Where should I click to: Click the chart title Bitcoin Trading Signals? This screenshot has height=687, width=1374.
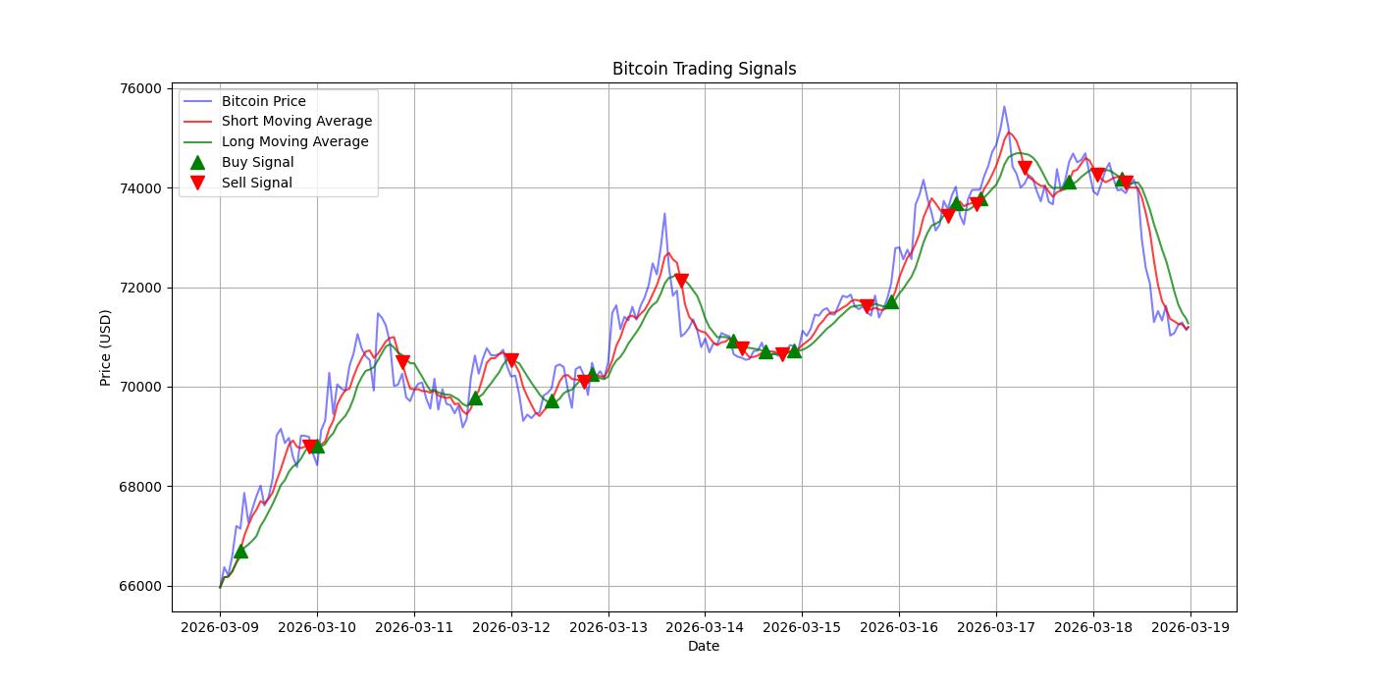click(x=704, y=69)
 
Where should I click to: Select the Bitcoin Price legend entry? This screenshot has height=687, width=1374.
click(x=263, y=101)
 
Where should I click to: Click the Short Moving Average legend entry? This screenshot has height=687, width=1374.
click(x=296, y=121)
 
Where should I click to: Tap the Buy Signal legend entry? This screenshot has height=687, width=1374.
click(x=257, y=162)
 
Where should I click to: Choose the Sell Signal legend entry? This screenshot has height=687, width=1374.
click(x=256, y=183)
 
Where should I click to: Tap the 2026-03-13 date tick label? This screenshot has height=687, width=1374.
click(x=608, y=626)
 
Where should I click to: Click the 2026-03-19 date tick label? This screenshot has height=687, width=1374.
click(x=1190, y=626)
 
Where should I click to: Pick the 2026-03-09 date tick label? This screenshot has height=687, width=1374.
click(x=220, y=626)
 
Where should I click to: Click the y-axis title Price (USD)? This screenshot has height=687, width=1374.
click(x=106, y=347)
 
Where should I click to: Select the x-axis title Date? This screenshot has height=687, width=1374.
click(x=704, y=646)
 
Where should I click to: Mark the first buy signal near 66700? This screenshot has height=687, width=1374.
click(x=240, y=552)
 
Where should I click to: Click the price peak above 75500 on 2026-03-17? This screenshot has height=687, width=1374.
click(x=1004, y=107)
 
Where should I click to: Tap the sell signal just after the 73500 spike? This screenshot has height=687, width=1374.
click(x=681, y=281)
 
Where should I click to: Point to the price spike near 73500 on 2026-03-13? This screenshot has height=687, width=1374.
click(x=664, y=214)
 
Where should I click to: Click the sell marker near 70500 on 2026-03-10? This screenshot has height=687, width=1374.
click(x=402, y=362)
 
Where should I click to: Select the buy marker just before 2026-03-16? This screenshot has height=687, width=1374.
click(x=891, y=302)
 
